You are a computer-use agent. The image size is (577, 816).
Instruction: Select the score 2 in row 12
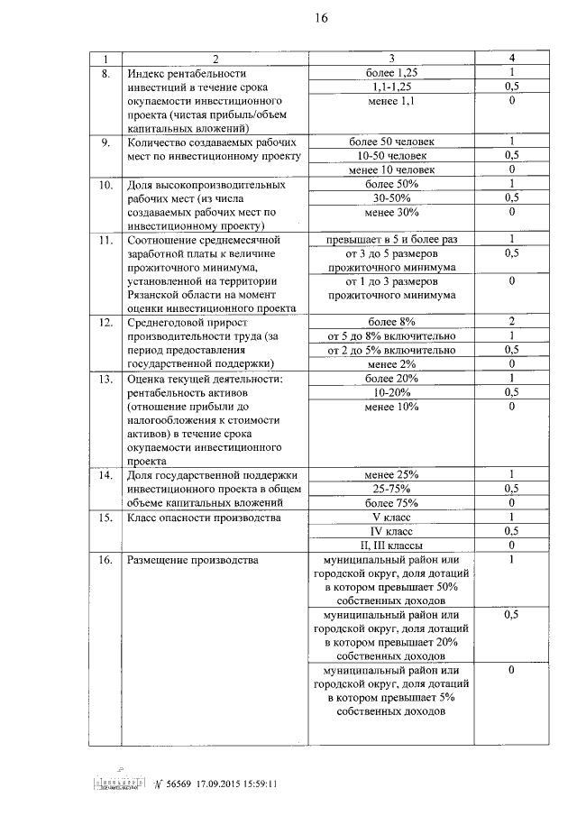tap(511, 322)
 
